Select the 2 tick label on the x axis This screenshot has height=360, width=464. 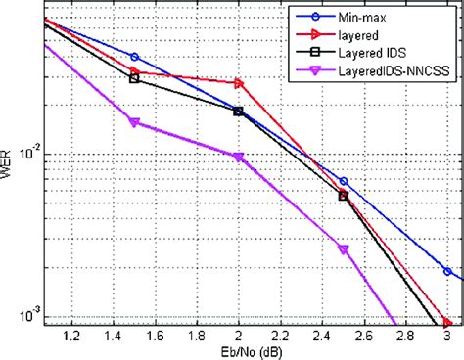click(239, 336)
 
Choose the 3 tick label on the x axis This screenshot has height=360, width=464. click(447, 336)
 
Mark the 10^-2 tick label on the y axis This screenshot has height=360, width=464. click(29, 154)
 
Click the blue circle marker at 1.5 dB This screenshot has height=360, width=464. click(134, 57)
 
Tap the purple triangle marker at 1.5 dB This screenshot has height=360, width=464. click(134, 122)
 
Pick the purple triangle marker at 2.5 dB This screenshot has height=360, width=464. click(344, 250)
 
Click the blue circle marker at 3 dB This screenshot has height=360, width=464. click(447, 271)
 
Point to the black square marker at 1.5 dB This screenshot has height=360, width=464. click(134, 78)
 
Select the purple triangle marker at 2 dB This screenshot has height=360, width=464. click(239, 157)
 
